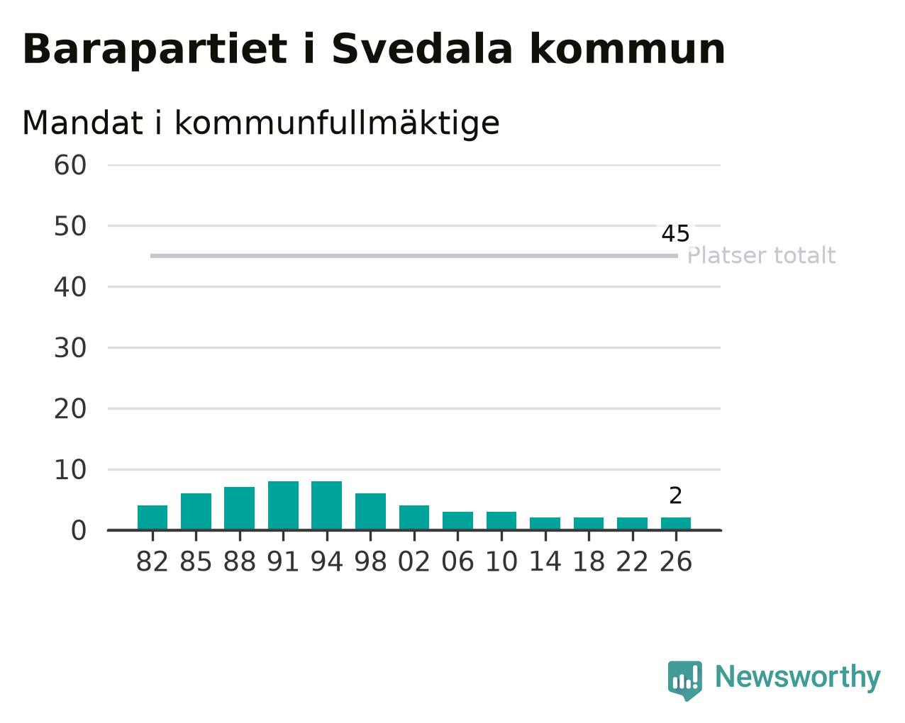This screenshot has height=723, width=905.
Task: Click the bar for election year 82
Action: pos(152,517)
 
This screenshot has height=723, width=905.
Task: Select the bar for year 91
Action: pos(283,505)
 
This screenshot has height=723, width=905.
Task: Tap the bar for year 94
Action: pos(326,505)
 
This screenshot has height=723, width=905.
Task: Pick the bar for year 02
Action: pos(413,517)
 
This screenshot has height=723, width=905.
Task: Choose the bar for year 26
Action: pos(676,523)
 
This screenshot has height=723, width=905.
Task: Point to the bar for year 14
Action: pos(545,523)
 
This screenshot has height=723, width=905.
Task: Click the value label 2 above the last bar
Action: pos(675,495)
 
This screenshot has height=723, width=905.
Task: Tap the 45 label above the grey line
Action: pos(675,233)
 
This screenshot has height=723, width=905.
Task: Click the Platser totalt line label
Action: pos(761,255)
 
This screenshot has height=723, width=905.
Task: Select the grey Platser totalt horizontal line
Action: pos(414,256)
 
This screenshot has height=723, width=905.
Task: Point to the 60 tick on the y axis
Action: pos(70,164)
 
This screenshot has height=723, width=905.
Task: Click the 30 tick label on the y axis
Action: pos(70,347)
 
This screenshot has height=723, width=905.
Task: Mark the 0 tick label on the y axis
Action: pos(79,530)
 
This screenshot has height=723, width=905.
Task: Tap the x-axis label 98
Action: pos(370,561)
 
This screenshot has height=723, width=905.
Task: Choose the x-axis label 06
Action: pos(457,561)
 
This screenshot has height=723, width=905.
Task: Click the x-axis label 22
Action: pos(632,561)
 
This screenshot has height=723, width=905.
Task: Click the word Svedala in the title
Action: pos(422,49)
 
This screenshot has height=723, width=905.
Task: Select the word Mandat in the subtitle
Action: pos(82,123)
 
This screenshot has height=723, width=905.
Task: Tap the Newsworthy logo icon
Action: pos(685,677)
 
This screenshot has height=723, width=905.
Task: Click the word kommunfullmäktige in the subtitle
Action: pos(337,124)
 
